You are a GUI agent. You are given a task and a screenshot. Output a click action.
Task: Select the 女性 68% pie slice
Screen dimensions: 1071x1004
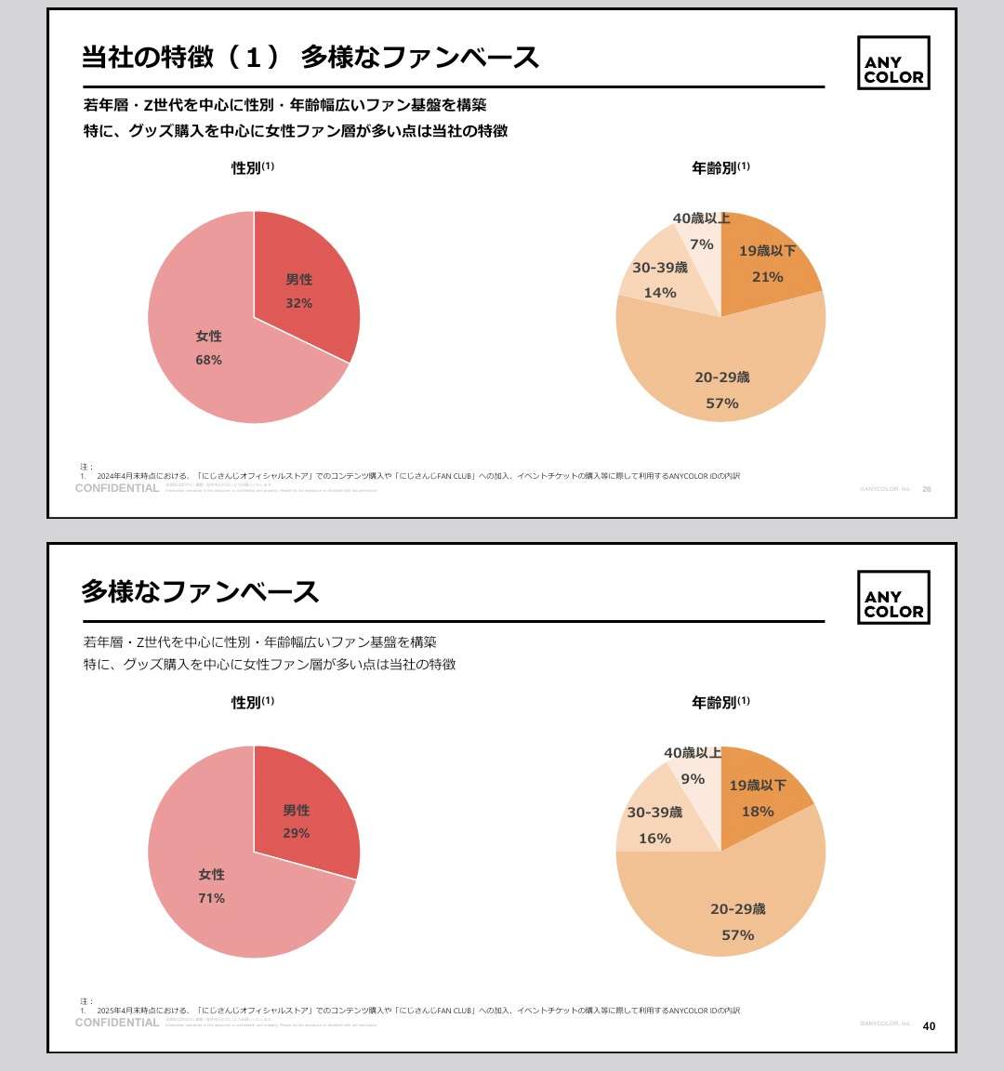click(x=209, y=349)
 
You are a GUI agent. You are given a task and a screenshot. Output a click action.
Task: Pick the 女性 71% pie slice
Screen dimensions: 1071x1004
click(x=212, y=885)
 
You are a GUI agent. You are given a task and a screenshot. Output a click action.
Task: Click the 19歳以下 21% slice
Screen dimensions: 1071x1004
click(x=767, y=265)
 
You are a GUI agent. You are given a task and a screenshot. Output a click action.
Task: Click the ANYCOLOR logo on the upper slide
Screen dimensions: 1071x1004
click(x=893, y=63)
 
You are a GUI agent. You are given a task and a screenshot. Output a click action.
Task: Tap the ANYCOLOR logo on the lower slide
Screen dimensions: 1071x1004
click(x=893, y=598)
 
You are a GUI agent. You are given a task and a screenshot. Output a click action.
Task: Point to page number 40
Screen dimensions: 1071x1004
click(x=929, y=1026)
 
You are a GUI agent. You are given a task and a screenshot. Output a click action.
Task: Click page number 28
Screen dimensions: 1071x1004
click(x=927, y=489)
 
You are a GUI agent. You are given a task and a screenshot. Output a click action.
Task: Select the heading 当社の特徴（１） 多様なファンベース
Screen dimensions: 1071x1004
click(x=310, y=58)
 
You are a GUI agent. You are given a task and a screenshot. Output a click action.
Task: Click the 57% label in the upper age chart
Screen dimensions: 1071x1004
click(x=722, y=403)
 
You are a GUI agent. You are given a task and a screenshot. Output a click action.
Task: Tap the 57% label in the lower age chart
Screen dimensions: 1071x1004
click(x=738, y=935)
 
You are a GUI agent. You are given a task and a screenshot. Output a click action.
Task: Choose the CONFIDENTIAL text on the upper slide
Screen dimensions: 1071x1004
click(x=117, y=489)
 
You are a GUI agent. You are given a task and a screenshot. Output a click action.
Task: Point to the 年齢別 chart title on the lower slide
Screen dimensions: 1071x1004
click(x=714, y=703)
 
